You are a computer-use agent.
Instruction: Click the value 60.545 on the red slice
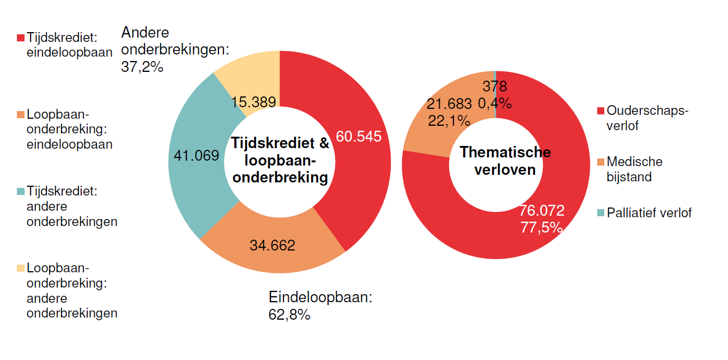click(x=358, y=136)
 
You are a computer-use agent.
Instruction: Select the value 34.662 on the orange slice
click(x=272, y=245)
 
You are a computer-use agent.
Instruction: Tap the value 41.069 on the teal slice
click(x=196, y=156)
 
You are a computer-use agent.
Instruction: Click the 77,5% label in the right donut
click(x=541, y=228)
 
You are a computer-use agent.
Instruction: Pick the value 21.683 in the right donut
click(x=449, y=103)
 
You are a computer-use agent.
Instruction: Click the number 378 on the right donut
click(x=495, y=87)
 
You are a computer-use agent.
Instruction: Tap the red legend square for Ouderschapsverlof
click(x=600, y=111)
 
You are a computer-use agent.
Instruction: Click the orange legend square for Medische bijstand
click(x=600, y=162)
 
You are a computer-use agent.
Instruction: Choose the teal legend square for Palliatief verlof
click(x=600, y=213)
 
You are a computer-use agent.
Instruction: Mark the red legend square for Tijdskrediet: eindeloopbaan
click(x=21, y=38)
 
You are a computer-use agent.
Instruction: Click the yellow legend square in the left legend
click(x=21, y=268)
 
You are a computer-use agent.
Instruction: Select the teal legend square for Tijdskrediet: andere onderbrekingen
click(x=21, y=192)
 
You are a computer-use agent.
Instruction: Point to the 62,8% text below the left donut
click(x=289, y=314)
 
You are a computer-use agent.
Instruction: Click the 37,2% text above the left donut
click(x=142, y=66)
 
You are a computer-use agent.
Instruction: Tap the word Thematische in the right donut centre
click(x=505, y=152)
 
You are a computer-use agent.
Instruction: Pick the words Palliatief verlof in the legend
click(x=649, y=213)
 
